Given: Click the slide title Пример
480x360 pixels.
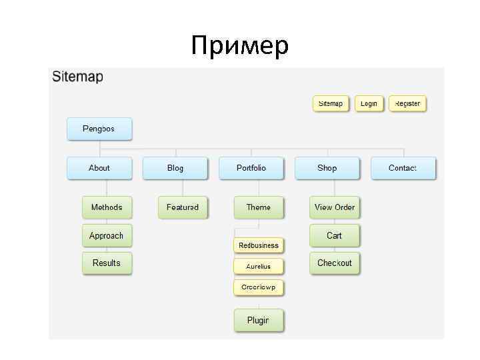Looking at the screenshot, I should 239,46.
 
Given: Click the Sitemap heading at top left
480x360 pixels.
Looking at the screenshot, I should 77,77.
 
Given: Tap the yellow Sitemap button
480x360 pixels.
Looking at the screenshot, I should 331,104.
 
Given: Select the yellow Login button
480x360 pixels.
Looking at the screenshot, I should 369,104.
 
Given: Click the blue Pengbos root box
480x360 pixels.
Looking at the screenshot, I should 99,129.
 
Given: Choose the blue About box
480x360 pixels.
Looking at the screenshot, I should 99,168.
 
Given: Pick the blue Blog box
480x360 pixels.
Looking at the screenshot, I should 175,168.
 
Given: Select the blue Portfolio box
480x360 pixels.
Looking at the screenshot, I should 251,168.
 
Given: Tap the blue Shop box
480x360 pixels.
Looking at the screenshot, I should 327,168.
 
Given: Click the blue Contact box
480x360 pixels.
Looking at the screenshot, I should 403,168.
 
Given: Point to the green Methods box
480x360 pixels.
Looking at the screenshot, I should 107,207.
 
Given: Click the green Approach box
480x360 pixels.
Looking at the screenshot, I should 107,235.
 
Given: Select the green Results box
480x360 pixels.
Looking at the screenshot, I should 107,263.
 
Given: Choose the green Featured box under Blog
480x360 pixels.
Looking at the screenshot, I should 183,207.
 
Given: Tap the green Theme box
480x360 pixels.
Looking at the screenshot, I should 259,207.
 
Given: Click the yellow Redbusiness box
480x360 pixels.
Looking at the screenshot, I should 259,245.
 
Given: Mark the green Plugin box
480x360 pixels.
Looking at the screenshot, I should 259,321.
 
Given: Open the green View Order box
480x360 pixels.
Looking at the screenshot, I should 335,207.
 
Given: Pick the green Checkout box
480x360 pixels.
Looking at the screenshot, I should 335,263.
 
